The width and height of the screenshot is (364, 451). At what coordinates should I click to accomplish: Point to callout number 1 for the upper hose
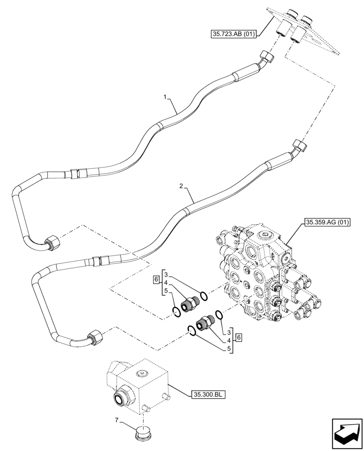click(166, 97)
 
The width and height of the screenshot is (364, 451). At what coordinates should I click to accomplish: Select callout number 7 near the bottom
click(117, 421)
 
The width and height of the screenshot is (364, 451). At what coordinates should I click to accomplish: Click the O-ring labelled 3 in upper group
click(204, 296)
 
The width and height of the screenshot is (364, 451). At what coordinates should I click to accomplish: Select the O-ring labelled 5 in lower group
click(192, 332)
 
